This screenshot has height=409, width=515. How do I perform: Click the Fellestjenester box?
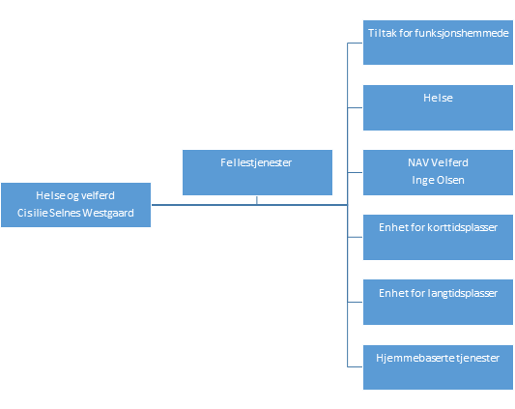(x=257, y=173)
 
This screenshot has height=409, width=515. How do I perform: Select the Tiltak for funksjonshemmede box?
(x=438, y=43)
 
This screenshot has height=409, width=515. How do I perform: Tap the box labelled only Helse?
(x=438, y=108)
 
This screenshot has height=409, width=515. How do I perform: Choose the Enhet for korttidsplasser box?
(x=438, y=238)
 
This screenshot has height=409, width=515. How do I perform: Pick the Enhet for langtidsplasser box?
(x=438, y=302)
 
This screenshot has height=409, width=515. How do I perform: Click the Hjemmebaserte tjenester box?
(x=438, y=367)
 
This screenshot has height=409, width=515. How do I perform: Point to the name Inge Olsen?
(x=438, y=180)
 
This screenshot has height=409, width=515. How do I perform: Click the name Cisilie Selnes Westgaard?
(x=75, y=213)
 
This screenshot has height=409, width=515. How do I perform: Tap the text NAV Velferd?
(x=438, y=162)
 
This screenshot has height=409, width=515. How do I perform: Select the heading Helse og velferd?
(x=75, y=195)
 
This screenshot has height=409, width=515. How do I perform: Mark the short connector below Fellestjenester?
(x=257, y=200)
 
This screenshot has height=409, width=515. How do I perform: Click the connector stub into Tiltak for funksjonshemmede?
(x=355, y=43)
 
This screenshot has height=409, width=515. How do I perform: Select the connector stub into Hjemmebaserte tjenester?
(x=355, y=366)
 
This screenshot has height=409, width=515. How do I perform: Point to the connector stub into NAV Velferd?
(x=355, y=172)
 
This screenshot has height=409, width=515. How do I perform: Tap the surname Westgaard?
(x=108, y=213)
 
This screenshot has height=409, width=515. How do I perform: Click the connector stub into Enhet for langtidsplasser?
(x=355, y=302)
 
